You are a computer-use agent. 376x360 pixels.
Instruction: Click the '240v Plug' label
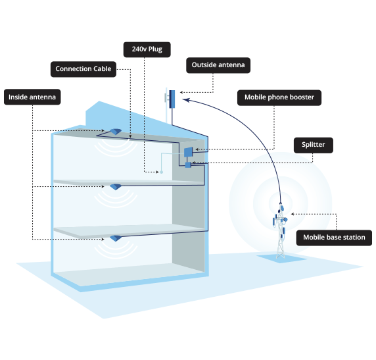click(x=147, y=50)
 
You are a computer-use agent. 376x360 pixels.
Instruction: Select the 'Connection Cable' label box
click(x=83, y=69)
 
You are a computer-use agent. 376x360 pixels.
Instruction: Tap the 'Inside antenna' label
click(x=32, y=97)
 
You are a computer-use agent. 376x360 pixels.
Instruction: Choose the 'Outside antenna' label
click(x=218, y=65)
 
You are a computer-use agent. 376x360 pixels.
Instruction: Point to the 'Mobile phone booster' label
click(x=279, y=97)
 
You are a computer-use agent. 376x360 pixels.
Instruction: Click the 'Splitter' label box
click(x=313, y=145)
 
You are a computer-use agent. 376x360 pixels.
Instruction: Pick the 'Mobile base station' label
click(x=334, y=238)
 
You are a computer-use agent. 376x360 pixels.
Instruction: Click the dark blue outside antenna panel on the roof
click(x=172, y=99)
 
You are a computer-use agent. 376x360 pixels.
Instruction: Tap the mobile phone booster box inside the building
click(x=188, y=152)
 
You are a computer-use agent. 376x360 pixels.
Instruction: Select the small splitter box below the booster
click(x=188, y=165)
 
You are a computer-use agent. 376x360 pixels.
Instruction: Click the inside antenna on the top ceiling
click(x=116, y=132)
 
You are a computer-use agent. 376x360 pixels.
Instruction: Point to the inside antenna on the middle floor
click(x=116, y=187)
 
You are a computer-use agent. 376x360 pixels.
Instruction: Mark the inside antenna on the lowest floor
click(x=116, y=238)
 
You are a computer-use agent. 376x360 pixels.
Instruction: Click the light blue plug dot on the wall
click(x=162, y=172)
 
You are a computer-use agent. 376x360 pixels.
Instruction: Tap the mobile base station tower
click(x=280, y=231)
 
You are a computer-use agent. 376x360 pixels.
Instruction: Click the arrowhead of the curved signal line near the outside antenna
click(x=186, y=100)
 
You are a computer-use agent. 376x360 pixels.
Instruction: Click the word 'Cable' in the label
click(x=102, y=69)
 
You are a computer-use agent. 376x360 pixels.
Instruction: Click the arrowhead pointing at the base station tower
click(x=293, y=214)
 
